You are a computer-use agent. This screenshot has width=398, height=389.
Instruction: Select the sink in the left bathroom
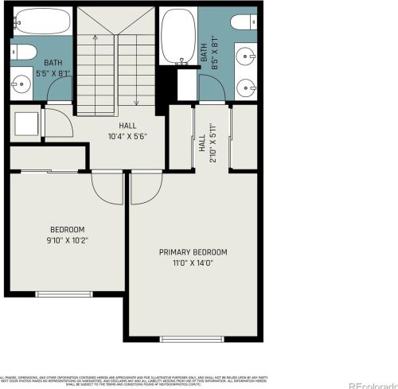19,80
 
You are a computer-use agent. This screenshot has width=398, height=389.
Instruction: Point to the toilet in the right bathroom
242,21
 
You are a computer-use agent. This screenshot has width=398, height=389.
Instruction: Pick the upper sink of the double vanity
243,56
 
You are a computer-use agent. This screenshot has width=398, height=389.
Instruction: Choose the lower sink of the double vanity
243,83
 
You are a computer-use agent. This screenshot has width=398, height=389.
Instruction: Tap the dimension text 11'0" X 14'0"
193,263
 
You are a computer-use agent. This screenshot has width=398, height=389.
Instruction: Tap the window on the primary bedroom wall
192,338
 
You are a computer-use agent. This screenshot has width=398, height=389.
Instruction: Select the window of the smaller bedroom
64,294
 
